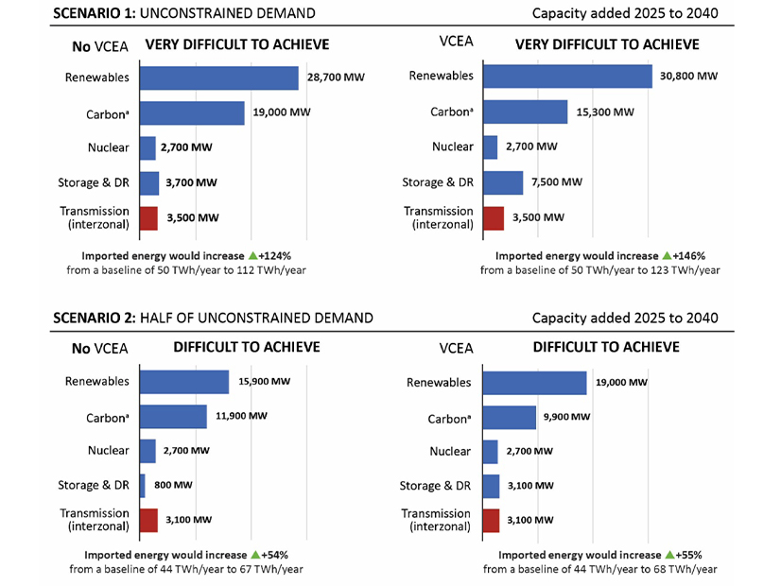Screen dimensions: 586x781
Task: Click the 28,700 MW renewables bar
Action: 218,78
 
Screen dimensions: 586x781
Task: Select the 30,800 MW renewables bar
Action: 567,77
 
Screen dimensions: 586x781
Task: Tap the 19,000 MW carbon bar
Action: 192,113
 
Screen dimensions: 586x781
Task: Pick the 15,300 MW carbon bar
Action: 525,112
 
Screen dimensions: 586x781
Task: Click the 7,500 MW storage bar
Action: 503,182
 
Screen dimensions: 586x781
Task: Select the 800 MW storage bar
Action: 143,486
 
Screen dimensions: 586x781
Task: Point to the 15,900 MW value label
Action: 265,382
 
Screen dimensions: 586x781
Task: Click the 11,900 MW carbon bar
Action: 173,417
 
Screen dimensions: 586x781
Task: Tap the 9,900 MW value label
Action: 566,417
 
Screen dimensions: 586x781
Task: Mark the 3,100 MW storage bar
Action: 491,486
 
